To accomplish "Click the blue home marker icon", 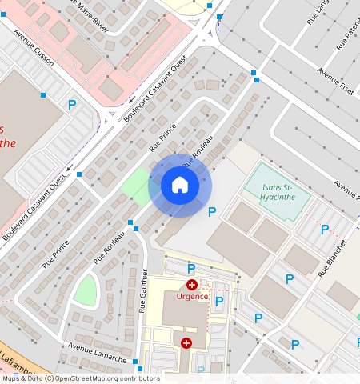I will (180, 185).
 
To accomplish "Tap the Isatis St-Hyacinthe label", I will (276, 192).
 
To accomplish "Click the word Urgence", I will (192, 297).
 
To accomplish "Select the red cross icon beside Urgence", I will (192, 284).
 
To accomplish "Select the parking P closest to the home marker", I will (212, 212).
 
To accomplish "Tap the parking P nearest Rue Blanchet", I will (325, 230).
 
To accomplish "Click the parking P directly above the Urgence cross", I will (191, 268).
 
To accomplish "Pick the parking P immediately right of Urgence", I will (218, 301).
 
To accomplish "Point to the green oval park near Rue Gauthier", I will (86, 289).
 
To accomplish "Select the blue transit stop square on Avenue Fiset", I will (254, 74).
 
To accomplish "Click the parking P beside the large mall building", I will (72, 104).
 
